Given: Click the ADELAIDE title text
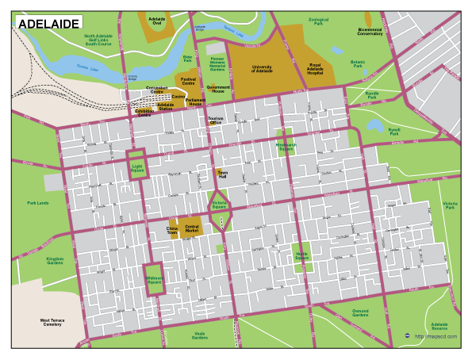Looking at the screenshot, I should pyautogui.click(x=48, y=25).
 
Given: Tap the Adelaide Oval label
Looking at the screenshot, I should pyautogui.click(x=156, y=20).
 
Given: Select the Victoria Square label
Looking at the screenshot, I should pyautogui.click(x=220, y=205).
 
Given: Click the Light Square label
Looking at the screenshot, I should pyautogui.click(x=137, y=167).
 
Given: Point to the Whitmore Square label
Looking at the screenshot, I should pyautogui.click(x=154, y=279).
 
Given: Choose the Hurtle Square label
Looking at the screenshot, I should pyautogui.click(x=302, y=255).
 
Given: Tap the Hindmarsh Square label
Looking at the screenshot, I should pyautogui.click(x=285, y=147).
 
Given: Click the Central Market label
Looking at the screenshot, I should pyautogui.click(x=192, y=229).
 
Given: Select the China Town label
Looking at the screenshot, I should pyautogui.click(x=172, y=231).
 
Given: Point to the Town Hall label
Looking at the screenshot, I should pyautogui.click(x=223, y=174).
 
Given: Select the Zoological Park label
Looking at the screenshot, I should pyautogui.click(x=319, y=22).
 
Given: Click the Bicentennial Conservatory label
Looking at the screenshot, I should pyautogui.click(x=370, y=33).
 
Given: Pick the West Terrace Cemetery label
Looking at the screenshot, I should pyautogui.click(x=52, y=322).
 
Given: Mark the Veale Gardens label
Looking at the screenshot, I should pyautogui.click(x=200, y=335).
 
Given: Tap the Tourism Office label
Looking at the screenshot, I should pyautogui.click(x=215, y=121).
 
